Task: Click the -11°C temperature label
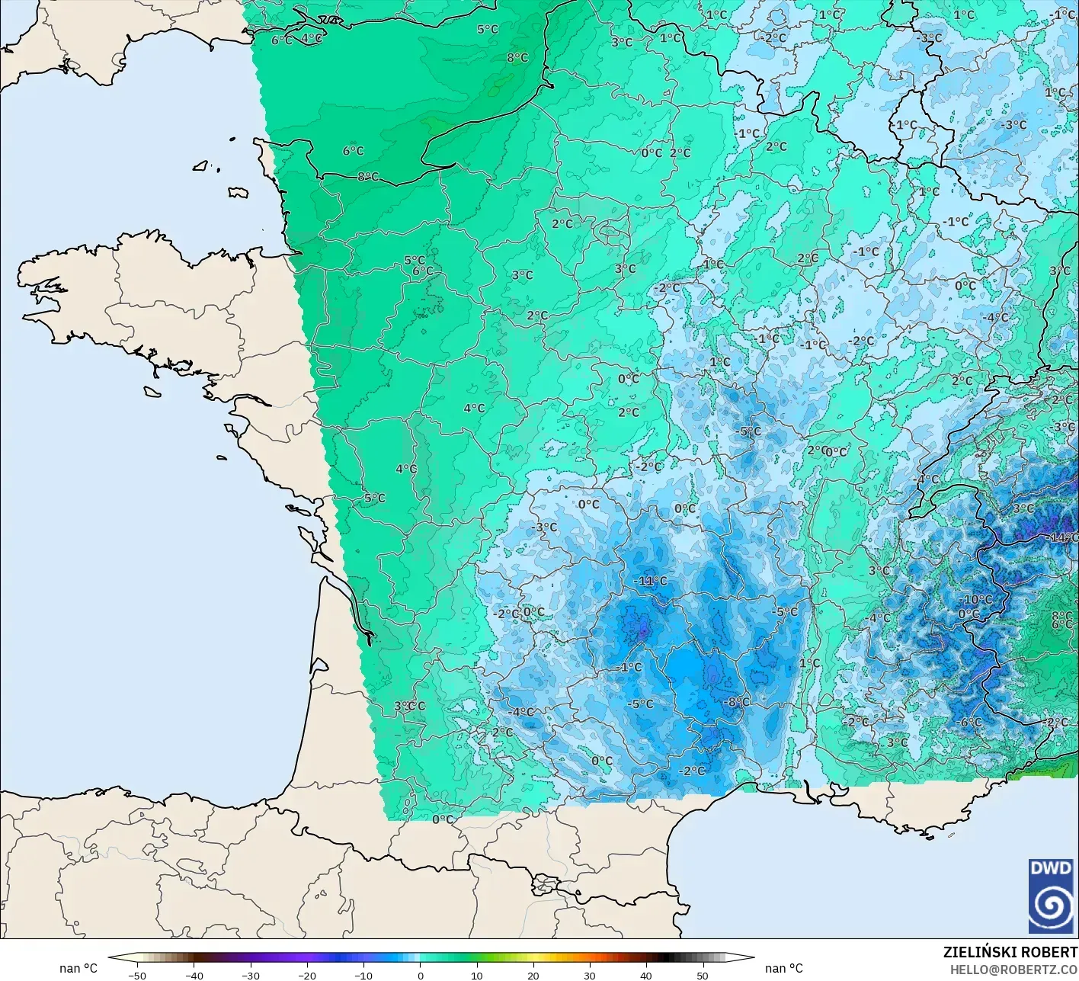650,581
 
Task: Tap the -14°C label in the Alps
1063,537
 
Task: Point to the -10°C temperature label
976,600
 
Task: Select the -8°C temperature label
737,702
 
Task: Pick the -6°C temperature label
969,723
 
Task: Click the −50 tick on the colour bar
137,975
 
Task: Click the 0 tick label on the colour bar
420,975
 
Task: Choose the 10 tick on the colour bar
476,975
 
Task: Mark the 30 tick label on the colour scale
589,975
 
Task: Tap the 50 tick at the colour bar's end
702,975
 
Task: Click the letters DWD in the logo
1051,867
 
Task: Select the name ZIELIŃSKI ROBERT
1010,952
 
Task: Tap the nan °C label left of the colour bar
78,968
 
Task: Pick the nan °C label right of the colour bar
784,968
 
